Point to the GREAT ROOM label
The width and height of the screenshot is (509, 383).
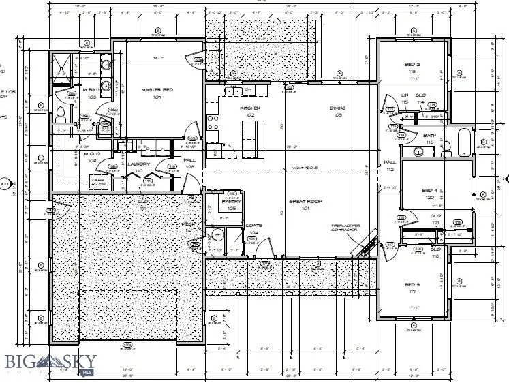point(305,201)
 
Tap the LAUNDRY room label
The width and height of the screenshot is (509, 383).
point(138,164)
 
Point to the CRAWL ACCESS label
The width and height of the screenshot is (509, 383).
point(97,182)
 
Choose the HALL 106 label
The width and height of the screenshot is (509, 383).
point(190,163)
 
